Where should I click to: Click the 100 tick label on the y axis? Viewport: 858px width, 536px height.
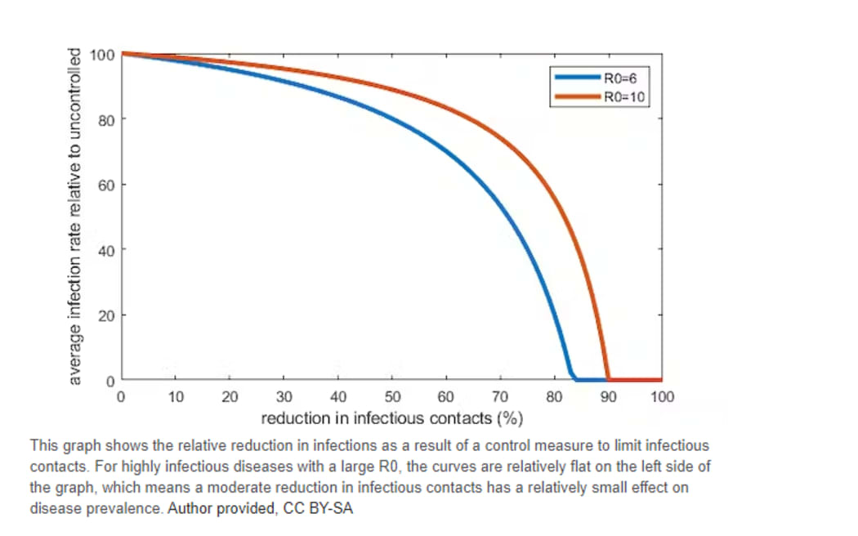(x=102, y=56)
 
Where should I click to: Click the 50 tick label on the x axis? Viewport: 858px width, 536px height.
(x=391, y=398)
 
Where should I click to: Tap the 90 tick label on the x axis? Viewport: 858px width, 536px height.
(x=608, y=398)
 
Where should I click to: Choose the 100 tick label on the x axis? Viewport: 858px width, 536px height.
(x=662, y=398)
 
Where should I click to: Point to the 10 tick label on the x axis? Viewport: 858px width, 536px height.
(x=175, y=398)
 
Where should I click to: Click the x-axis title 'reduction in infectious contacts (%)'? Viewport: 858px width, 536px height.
(x=391, y=419)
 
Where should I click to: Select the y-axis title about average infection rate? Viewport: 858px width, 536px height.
(x=75, y=217)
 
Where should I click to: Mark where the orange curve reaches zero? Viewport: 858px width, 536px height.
(x=608, y=379)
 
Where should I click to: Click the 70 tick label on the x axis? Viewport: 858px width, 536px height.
(x=499, y=398)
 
